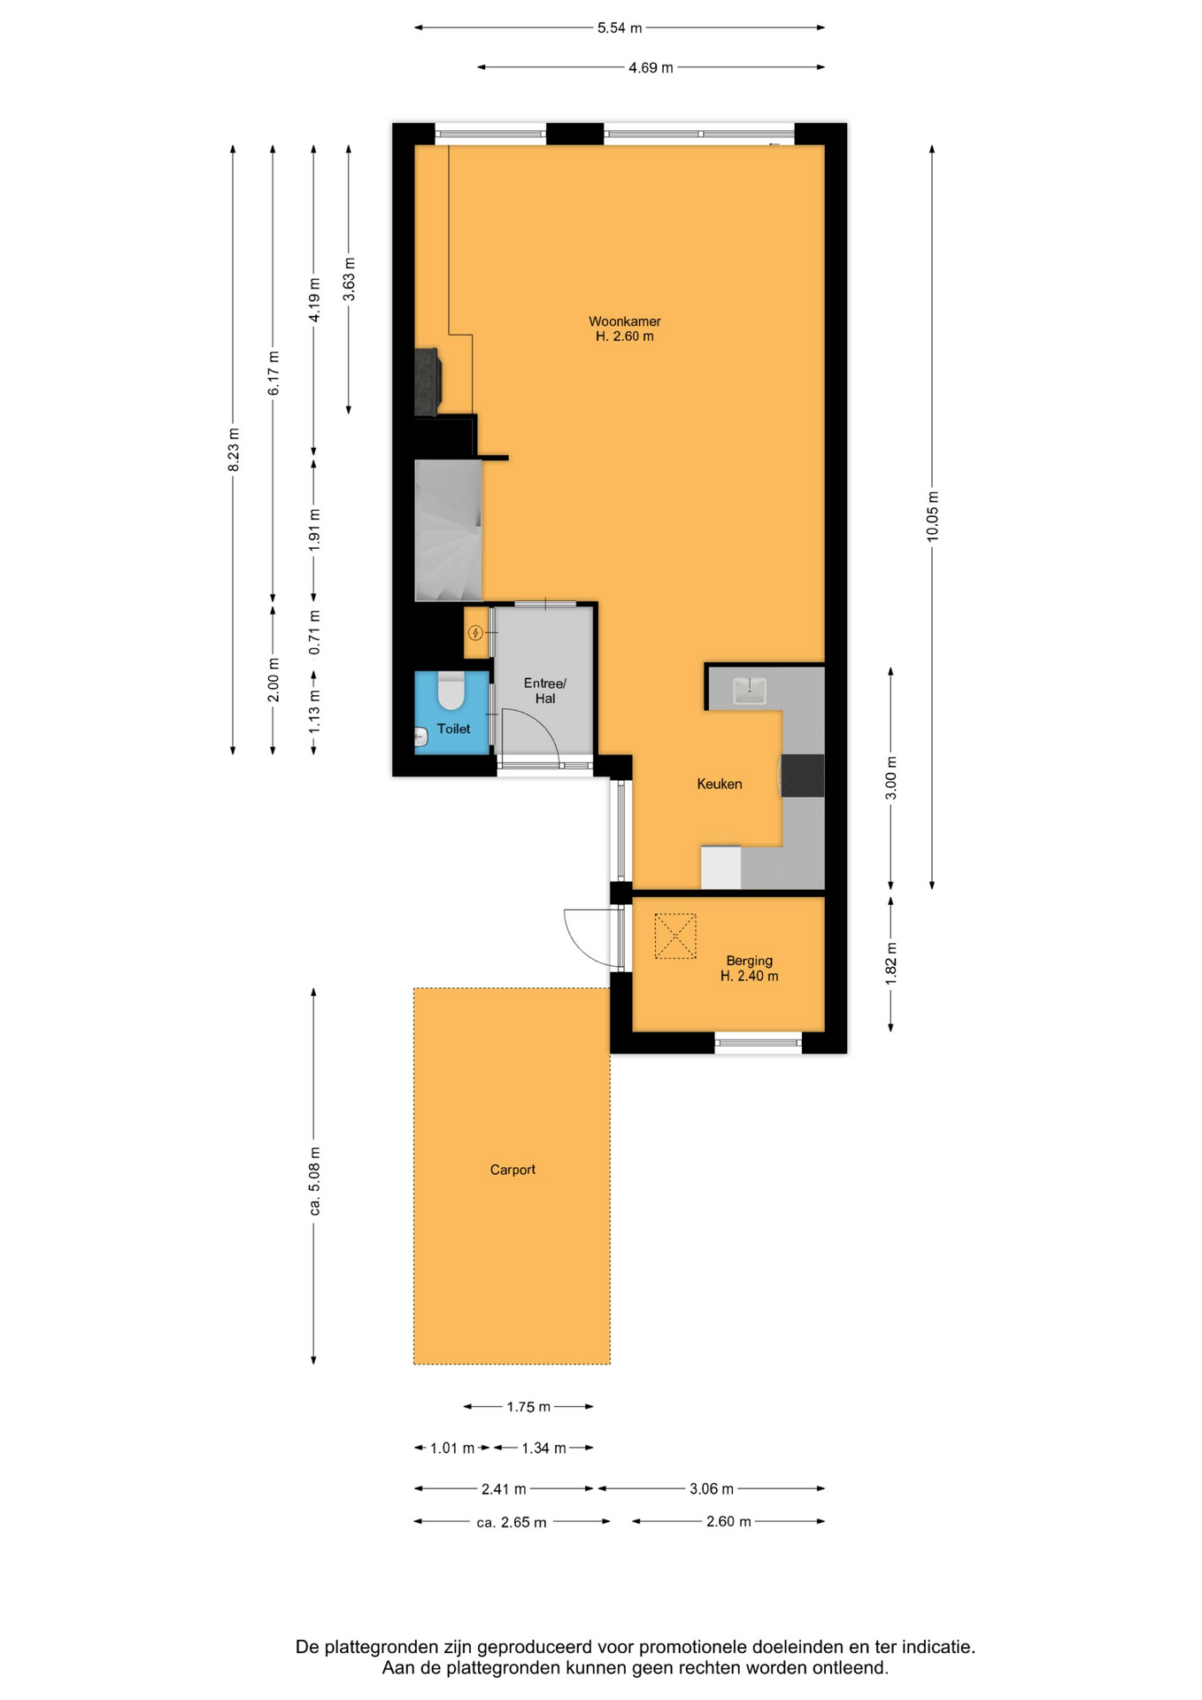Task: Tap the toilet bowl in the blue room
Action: click(451, 691)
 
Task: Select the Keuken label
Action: click(720, 784)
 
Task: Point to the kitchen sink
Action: click(749, 691)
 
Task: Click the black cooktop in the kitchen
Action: click(802, 776)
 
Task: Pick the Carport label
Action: click(512, 1170)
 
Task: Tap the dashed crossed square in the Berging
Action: click(675, 936)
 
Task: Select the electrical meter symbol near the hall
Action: click(475, 632)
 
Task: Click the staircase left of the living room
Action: click(449, 530)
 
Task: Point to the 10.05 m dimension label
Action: click(932, 516)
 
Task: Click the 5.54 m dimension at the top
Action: click(620, 28)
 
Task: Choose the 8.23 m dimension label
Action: click(234, 450)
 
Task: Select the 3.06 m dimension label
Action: click(712, 1488)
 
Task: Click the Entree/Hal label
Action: click(544, 691)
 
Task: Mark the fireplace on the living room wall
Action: click(428, 382)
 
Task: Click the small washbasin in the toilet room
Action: click(420, 736)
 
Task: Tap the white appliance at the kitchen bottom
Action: click(721, 868)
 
